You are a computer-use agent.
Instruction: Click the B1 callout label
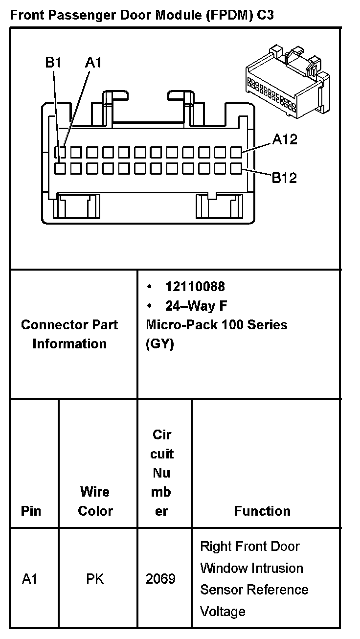[53, 62]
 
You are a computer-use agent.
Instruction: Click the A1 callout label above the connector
[93, 62]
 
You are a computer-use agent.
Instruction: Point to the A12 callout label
[285, 139]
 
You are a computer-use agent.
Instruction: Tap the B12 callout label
[284, 177]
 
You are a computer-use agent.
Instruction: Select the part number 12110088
[195, 286]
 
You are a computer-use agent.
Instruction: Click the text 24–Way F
[196, 306]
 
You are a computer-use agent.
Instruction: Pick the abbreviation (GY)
[159, 344]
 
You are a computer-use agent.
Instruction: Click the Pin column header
[31, 511]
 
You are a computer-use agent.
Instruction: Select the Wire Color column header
[95, 501]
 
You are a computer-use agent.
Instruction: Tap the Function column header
[262, 511]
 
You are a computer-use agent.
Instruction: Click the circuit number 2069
[160, 579]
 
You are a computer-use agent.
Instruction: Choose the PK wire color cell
[95, 579]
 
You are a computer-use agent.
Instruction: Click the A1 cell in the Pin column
[30, 579]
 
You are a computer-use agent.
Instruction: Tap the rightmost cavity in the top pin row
[236, 153]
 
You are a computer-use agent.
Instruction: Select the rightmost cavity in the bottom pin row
[236, 169]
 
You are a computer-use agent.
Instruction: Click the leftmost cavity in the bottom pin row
[60, 169]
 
